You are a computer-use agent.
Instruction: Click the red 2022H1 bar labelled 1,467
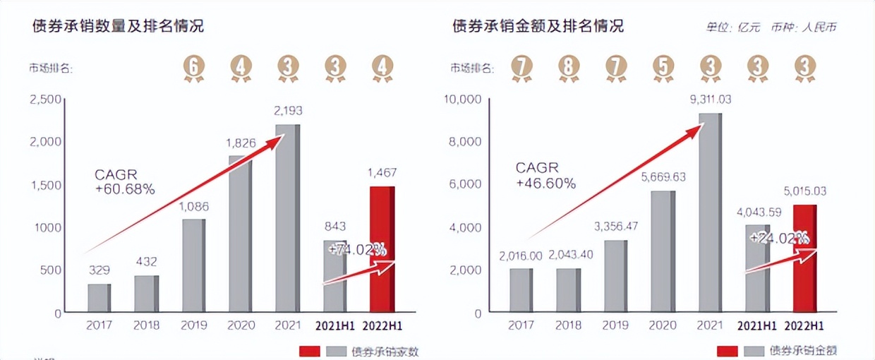382,249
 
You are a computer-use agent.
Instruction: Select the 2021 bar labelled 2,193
287,218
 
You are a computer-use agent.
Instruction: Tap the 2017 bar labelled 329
99,298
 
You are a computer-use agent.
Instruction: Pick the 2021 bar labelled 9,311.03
710,212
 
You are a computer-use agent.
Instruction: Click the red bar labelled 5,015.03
804,258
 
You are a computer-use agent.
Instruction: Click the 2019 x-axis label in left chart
193,326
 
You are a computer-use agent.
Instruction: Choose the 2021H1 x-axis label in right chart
757,326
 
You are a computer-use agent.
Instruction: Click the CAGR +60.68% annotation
125,181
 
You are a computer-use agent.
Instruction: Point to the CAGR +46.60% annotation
545,175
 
